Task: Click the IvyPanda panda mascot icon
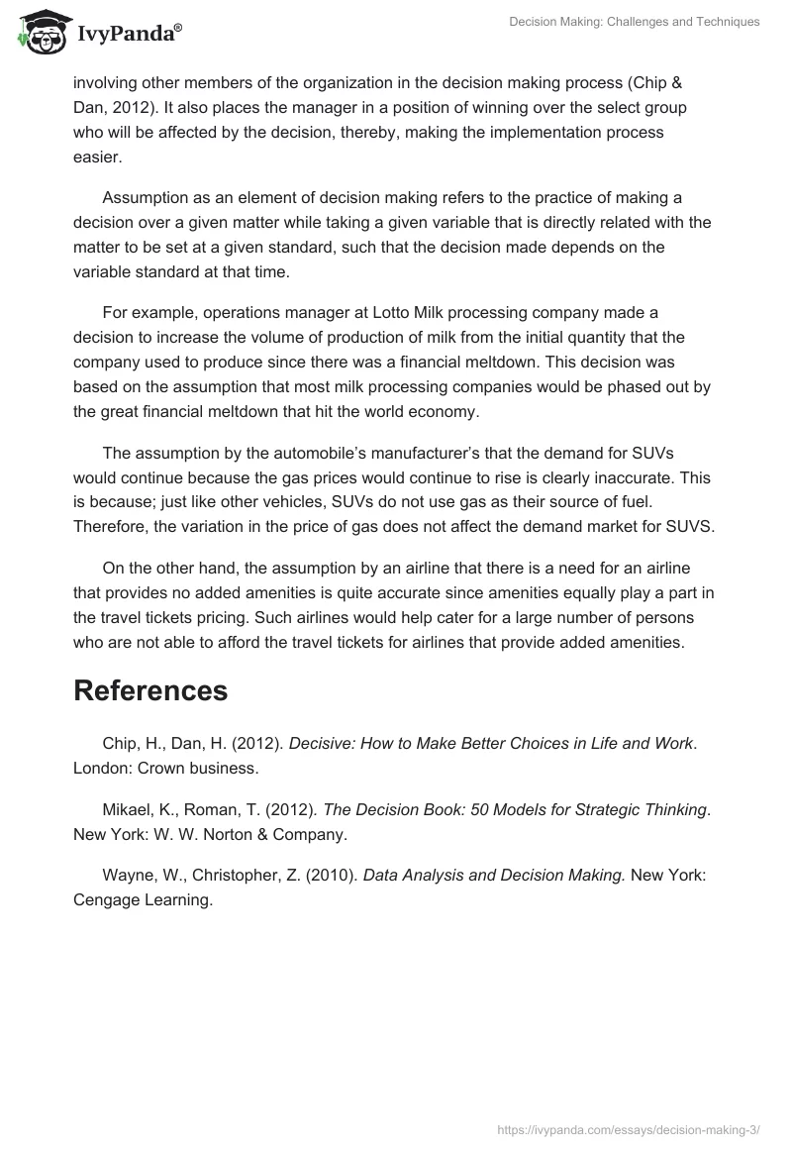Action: (x=41, y=32)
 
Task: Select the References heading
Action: (x=150, y=690)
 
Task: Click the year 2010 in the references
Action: (x=335, y=875)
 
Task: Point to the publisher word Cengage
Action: (x=107, y=900)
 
